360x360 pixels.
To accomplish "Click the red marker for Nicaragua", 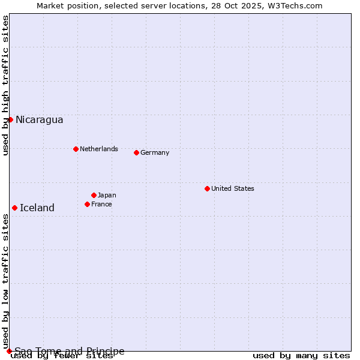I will (10, 119).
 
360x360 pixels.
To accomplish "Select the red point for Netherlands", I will (76, 149).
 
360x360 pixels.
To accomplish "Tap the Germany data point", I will (136, 152).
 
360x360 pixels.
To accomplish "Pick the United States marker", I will (207, 188).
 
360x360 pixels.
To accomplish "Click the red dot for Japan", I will (94, 195).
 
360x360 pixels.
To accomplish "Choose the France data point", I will (87, 204).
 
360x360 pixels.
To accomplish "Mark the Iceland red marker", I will (14, 208).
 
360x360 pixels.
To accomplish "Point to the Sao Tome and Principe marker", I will (9, 351).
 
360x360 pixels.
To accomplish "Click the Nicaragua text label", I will (39, 119).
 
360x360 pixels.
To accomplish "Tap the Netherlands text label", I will (98, 149).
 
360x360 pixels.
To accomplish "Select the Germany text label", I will (155, 152).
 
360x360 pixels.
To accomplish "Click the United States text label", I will (232, 188).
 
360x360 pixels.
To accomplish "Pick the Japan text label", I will (107, 195).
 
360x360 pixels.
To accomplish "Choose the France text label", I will (101, 204).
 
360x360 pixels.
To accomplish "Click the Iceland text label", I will (37, 208).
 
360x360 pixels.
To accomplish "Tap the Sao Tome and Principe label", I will (70, 351).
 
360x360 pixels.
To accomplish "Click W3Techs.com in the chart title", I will (296, 5).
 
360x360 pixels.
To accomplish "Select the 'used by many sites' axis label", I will (301, 356).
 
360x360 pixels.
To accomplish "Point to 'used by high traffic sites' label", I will (5, 85).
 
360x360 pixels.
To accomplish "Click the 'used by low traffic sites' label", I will (5, 278).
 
